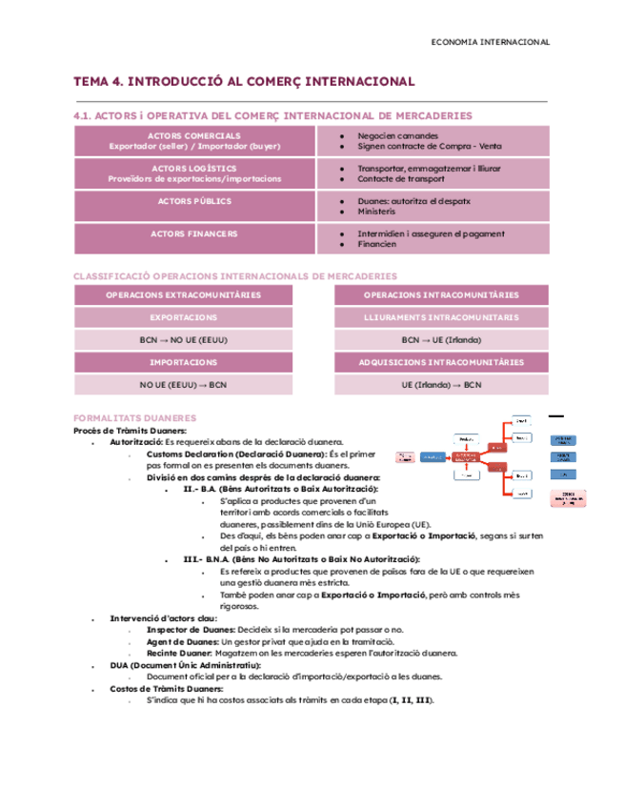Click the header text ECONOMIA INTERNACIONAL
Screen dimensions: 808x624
pyautogui.click(x=490, y=42)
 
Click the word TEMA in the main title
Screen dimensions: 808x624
pyautogui.click(x=92, y=82)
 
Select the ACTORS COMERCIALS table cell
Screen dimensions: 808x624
pyautogui.click(x=194, y=141)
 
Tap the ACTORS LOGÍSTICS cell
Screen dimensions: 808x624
pyautogui.click(x=194, y=172)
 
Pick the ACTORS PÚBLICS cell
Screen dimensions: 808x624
pyautogui.click(x=194, y=201)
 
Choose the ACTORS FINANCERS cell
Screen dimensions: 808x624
pyautogui.click(x=194, y=232)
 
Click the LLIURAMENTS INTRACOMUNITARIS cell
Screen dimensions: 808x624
pyautogui.click(x=440, y=317)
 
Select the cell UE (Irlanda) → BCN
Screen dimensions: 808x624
pyautogui.click(x=440, y=385)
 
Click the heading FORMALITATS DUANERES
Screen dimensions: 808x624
pyautogui.click(x=135, y=418)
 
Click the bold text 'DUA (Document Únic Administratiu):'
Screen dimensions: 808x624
pyautogui.click(x=178, y=664)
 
